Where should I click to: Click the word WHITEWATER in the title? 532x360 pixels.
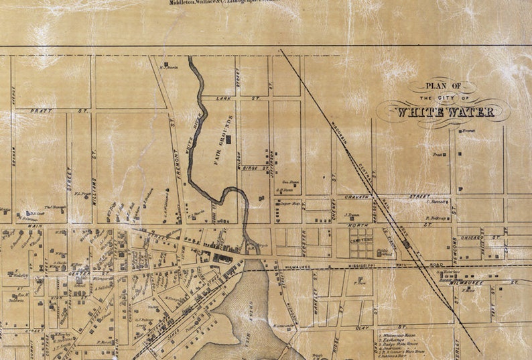446,112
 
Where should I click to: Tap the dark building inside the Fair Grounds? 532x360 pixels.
229,139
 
